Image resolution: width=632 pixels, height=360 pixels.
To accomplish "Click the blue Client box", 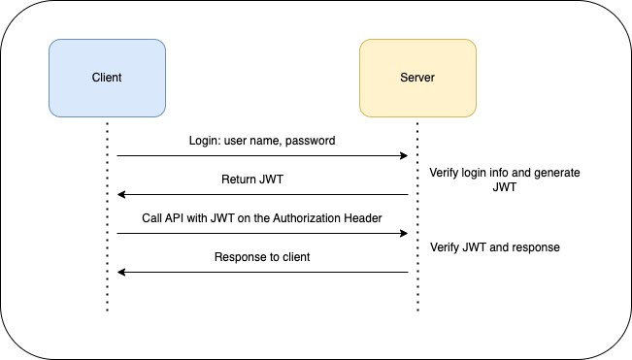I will pyautogui.click(x=107, y=78).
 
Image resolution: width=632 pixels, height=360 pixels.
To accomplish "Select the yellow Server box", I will pyautogui.click(x=417, y=78).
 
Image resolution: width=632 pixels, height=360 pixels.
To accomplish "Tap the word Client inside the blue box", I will pyautogui.click(x=107, y=78).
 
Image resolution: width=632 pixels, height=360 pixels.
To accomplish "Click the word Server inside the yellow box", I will pyautogui.click(x=417, y=78).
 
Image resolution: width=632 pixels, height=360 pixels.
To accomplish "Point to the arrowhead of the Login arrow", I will pyautogui.click(x=403, y=155).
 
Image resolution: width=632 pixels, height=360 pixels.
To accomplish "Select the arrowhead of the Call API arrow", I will pyautogui.click(x=403, y=233).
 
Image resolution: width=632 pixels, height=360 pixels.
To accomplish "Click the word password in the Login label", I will pyautogui.click(x=310, y=141).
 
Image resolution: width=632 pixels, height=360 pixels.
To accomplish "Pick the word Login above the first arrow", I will pyautogui.click(x=205, y=141).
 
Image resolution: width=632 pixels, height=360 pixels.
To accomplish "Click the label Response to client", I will pyautogui.click(x=261, y=257).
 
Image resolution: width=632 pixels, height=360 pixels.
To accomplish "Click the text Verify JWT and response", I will pyautogui.click(x=495, y=246).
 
